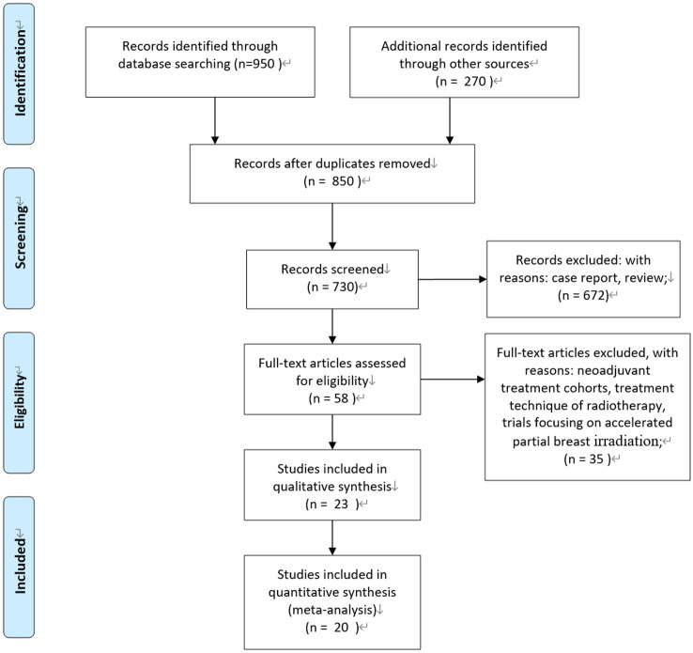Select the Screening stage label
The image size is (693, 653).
(20, 237)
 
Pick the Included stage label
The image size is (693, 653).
(20, 565)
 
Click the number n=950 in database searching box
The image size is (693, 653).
(254, 64)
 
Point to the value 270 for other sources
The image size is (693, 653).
(475, 82)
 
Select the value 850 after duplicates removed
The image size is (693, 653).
(343, 181)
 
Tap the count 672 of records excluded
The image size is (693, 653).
(593, 295)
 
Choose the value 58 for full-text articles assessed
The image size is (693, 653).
(341, 398)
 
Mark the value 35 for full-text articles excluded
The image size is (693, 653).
(596, 459)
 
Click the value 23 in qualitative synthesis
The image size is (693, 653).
(341, 504)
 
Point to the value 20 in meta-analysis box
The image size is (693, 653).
(341, 628)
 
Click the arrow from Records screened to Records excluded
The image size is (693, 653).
(453, 279)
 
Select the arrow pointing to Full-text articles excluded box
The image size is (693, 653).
(453, 380)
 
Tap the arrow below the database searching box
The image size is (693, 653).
(215, 120)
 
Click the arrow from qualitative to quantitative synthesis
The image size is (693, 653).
(332, 537)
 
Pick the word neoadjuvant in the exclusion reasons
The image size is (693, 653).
(614, 370)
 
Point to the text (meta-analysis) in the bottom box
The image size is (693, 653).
(331, 610)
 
